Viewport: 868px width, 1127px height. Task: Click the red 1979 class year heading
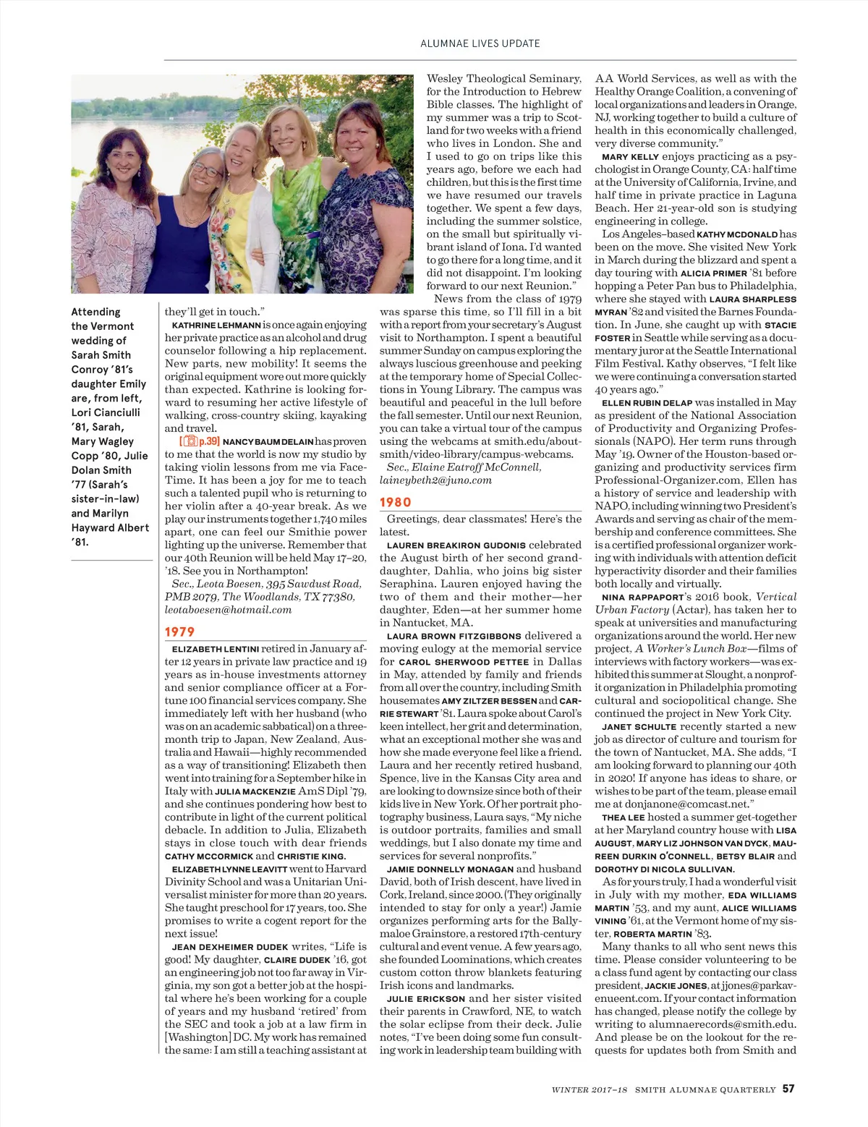(x=179, y=631)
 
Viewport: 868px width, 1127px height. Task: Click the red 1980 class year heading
(x=395, y=502)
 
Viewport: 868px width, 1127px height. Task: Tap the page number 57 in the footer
(x=788, y=1089)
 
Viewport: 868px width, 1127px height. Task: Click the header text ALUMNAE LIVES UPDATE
(x=480, y=43)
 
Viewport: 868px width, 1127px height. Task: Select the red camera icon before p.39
(x=190, y=441)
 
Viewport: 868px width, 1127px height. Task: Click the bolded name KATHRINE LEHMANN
(x=216, y=326)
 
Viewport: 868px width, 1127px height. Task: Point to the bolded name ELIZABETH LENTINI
(x=215, y=650)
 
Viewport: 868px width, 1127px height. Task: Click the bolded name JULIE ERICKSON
(x=426, y=999)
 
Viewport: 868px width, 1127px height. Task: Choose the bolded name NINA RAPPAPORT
(x=642, y=597)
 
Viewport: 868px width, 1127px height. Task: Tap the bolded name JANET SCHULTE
(x=639, y=727)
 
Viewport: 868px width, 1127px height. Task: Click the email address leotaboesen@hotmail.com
(x=228, y=610)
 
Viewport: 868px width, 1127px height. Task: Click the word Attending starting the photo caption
(x=95, y=312)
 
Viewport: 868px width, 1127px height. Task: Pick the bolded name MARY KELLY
(x=630, y=157)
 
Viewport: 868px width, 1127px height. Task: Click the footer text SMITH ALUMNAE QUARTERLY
(x=705, y=1089)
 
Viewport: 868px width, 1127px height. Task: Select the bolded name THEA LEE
(x=623, y=817)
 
